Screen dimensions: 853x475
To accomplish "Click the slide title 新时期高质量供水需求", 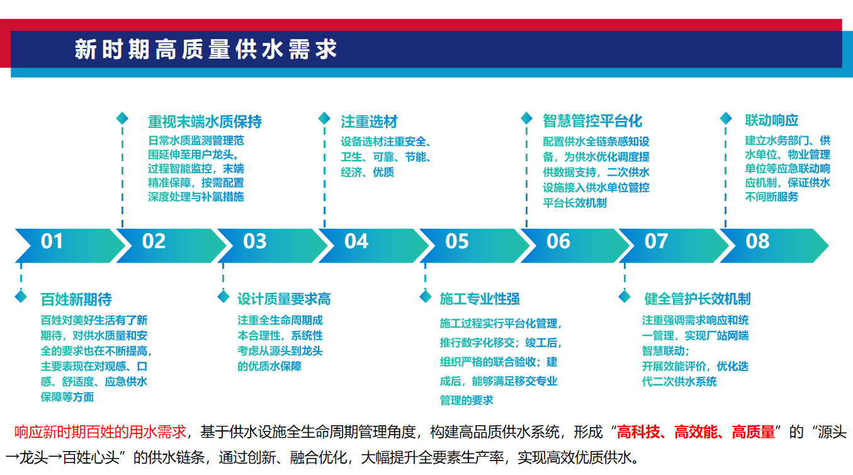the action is coord(206,49).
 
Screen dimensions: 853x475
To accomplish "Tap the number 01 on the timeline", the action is coord(52,241).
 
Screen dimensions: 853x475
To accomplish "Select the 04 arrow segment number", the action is coord(356,241).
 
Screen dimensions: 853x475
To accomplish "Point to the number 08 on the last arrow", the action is coord(757,241).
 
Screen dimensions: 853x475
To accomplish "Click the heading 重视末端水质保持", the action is coord(205,122).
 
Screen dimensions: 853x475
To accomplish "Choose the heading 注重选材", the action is coord(369,122).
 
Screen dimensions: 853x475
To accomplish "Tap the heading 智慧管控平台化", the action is coord(592,121).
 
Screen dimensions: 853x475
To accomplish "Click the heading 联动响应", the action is coord(772,120).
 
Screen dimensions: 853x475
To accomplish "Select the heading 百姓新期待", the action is coord(76,300).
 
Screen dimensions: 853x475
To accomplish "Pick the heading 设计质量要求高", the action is coord(284,299).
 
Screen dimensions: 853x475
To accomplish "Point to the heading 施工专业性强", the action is coord(480,299).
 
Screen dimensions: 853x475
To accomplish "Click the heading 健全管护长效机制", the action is coord(698,299).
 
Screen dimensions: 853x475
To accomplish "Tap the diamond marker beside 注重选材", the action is coord(324,118).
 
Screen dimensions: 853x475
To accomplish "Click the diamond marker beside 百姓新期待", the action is coord(21,297).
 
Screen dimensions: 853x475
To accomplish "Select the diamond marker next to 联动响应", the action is coord(726,118).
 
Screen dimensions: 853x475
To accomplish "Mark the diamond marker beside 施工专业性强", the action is coord(426,297).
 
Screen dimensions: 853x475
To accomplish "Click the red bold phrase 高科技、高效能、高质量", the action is coord(696,432).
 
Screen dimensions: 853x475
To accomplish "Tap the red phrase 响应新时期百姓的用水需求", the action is coord(100,432).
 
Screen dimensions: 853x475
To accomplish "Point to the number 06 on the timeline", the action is coord(558,241).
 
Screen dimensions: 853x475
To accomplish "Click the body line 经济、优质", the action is coord(367,173).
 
